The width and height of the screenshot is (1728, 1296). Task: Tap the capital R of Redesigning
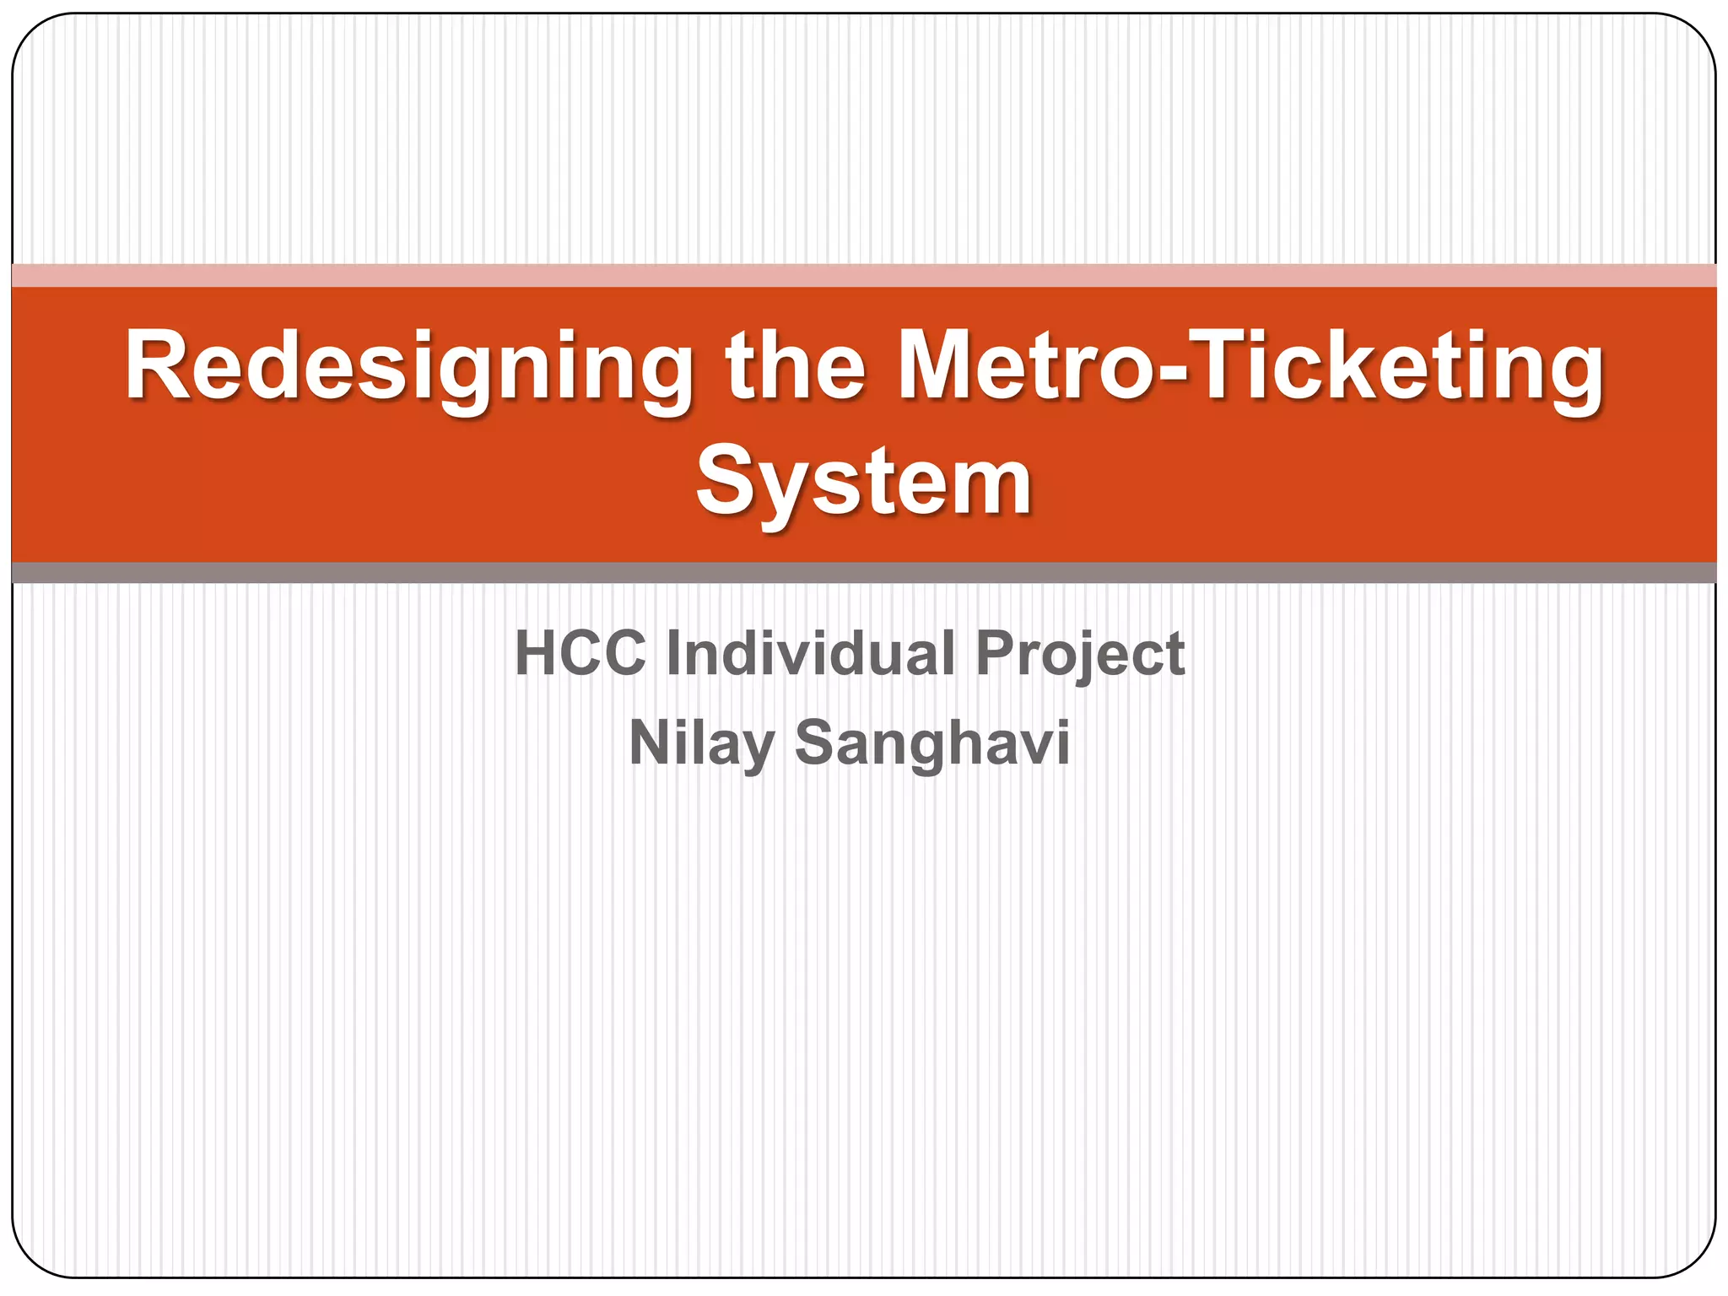158,364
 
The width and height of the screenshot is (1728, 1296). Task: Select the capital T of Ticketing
1225,364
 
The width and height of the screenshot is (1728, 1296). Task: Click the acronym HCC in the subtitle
580,653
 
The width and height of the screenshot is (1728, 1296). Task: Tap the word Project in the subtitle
1080,655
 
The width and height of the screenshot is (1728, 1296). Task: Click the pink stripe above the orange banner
864,275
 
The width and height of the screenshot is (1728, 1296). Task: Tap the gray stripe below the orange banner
864,573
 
